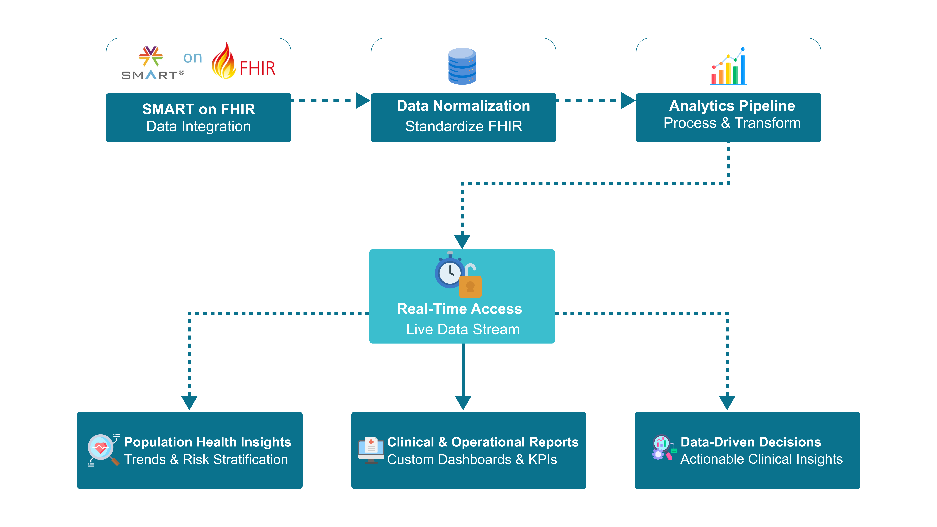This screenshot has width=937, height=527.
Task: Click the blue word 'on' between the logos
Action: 192,57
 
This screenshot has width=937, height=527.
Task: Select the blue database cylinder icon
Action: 462,66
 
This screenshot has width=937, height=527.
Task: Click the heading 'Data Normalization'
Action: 463,106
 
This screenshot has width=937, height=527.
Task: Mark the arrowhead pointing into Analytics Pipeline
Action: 627,100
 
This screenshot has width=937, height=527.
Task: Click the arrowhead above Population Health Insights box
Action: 189,402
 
